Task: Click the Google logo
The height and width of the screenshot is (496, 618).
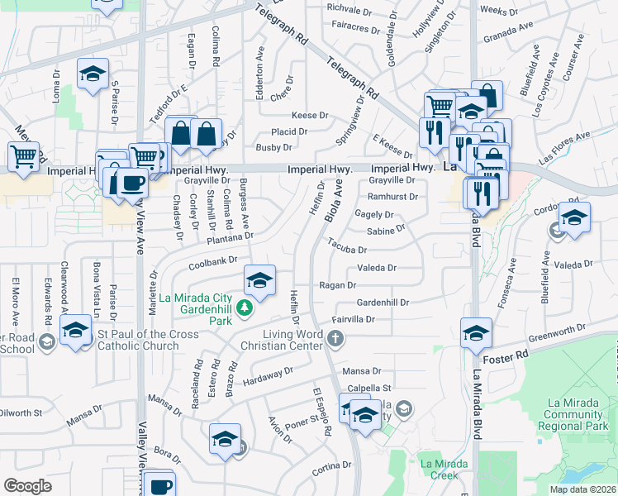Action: (27, 486)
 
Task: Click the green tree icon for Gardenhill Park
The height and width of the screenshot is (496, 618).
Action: (244, 308)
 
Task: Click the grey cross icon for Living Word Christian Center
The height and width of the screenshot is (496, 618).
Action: (335, 337)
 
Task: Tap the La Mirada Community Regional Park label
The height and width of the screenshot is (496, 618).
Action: (577, 416)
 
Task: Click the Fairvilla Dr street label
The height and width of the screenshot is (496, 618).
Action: (354, 319)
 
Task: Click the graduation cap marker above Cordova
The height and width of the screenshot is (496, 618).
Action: (574, 218)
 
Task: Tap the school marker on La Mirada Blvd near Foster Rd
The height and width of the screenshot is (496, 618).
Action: (476, 334)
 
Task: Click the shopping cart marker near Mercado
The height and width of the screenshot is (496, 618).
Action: (24, 155)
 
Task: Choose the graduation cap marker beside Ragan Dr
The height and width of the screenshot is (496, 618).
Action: (259, 280)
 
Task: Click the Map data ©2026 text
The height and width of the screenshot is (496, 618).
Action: (582, 489)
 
